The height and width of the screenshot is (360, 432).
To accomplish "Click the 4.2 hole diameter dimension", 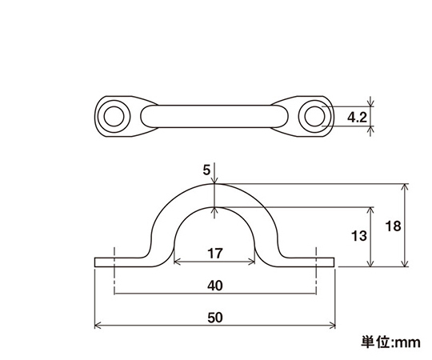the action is [357, 118].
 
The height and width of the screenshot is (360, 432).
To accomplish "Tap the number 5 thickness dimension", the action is [206, 170].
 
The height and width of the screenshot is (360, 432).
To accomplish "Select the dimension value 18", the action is [393, 226].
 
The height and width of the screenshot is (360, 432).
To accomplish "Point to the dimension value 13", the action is [359, 236].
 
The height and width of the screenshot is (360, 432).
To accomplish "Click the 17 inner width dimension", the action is [215, 254].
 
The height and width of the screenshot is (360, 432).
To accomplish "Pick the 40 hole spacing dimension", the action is [215, 286].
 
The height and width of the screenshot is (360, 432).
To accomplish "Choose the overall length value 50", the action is [215, 318].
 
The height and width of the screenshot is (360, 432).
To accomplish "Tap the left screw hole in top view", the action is [114, 116].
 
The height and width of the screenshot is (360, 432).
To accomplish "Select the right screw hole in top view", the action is [314, 116].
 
